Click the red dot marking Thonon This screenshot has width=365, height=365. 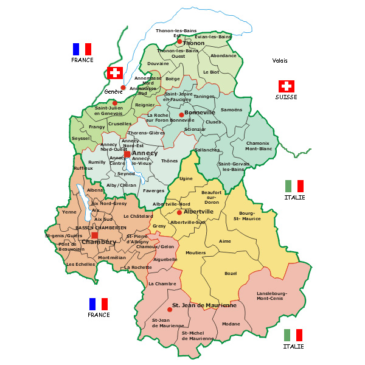pos(179,41)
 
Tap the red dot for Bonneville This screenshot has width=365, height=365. pos(181,114)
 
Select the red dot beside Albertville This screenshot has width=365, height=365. pos(179,212)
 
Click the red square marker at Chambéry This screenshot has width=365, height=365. pos(94,235)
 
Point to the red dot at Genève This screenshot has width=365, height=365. pos(123,88)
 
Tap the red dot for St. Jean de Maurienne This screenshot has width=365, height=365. pos(169,310)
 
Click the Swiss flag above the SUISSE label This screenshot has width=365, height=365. pos(287,86)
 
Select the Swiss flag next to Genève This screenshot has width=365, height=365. pos(114,72)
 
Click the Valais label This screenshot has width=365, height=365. pos(280,60)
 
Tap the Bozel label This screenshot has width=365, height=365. pos(231,274)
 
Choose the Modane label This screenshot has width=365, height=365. pos(231,324)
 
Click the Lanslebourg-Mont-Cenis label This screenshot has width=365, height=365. pos(271,296)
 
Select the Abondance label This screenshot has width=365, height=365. pos(223,55)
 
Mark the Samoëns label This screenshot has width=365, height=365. pos(231,109)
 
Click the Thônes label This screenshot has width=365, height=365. pos(169,161)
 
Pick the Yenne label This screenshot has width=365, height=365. pos(69,212)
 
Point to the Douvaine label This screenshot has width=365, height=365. pos(158,63)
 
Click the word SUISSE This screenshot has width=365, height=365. pos(286,97)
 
